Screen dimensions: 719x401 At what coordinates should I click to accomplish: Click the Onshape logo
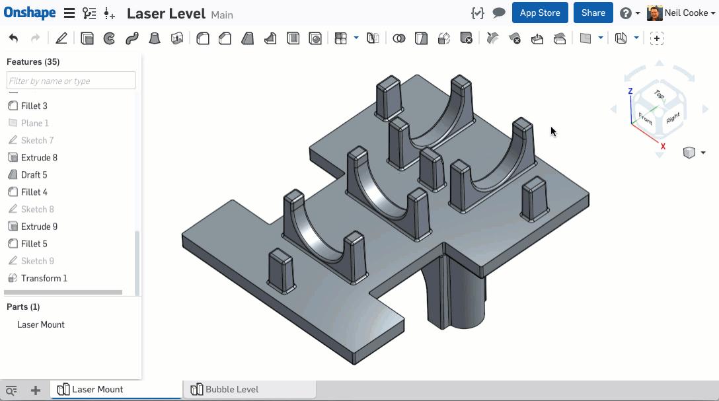point(30,13)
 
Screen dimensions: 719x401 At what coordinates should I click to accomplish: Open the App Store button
point(540,13)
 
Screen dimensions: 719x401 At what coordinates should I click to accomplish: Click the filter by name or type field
point(71,81)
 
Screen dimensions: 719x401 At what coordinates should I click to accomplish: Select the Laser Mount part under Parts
point(41,324)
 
